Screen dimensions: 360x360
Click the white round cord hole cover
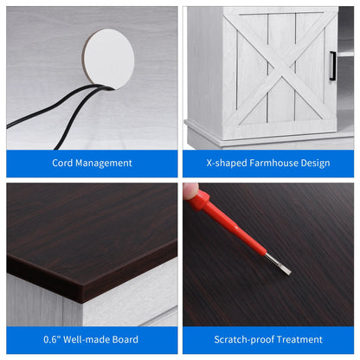click(x=109, y=59)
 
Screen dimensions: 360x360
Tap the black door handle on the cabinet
click(x=332, y=66)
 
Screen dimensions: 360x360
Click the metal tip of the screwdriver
click(x=279, y=264)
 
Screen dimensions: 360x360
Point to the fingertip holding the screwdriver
click(x=190, y=191)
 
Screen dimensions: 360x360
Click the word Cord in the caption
click(x=62, y=163)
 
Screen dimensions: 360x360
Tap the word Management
click(x=104, y=164)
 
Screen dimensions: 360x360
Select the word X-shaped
click(x=227, y=164)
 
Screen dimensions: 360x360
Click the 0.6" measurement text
click(x=52, y=339)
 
